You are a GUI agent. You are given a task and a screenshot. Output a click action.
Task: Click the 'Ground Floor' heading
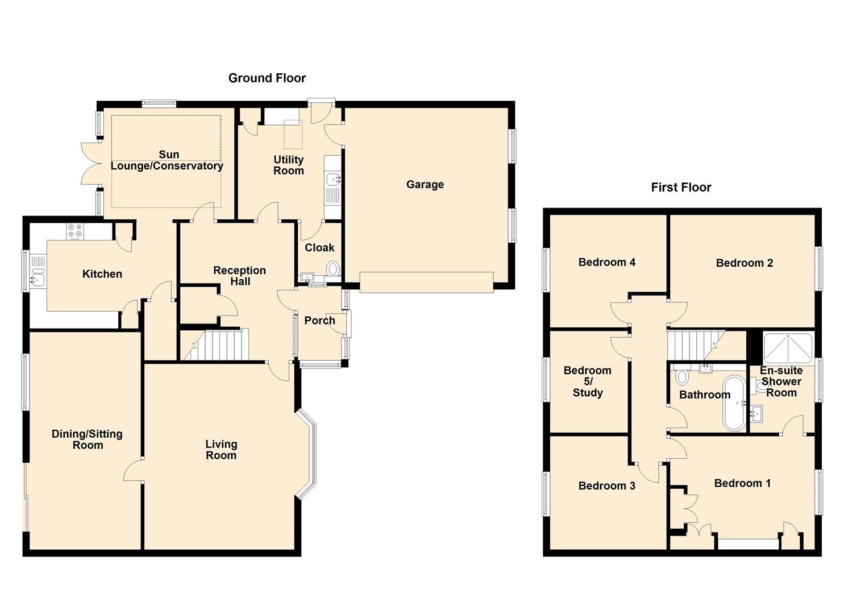click(267, 78)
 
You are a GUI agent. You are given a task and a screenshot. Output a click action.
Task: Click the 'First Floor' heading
click(681, 187)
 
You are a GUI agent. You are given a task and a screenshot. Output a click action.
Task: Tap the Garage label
click(425, 184)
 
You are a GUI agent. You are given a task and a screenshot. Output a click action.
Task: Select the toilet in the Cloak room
click(332, 268)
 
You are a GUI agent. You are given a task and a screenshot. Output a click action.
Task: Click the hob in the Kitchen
click(74, 231)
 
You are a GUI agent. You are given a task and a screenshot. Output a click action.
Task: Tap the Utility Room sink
click(332, 180)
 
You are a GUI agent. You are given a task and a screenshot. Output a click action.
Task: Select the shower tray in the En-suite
click(788, 348)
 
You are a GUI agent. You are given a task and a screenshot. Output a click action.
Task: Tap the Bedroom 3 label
click(606, 486)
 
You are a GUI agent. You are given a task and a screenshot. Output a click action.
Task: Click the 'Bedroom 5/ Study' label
click(587, 381)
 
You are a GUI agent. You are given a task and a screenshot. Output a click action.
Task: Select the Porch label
click(319, 320)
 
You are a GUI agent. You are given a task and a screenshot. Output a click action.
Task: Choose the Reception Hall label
click(239, 276)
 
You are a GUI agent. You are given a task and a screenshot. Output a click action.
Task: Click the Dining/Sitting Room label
click(87, 439)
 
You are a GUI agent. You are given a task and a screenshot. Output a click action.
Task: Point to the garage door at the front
click(426, 282)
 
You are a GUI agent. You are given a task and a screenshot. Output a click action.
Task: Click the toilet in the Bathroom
click(682, 376)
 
